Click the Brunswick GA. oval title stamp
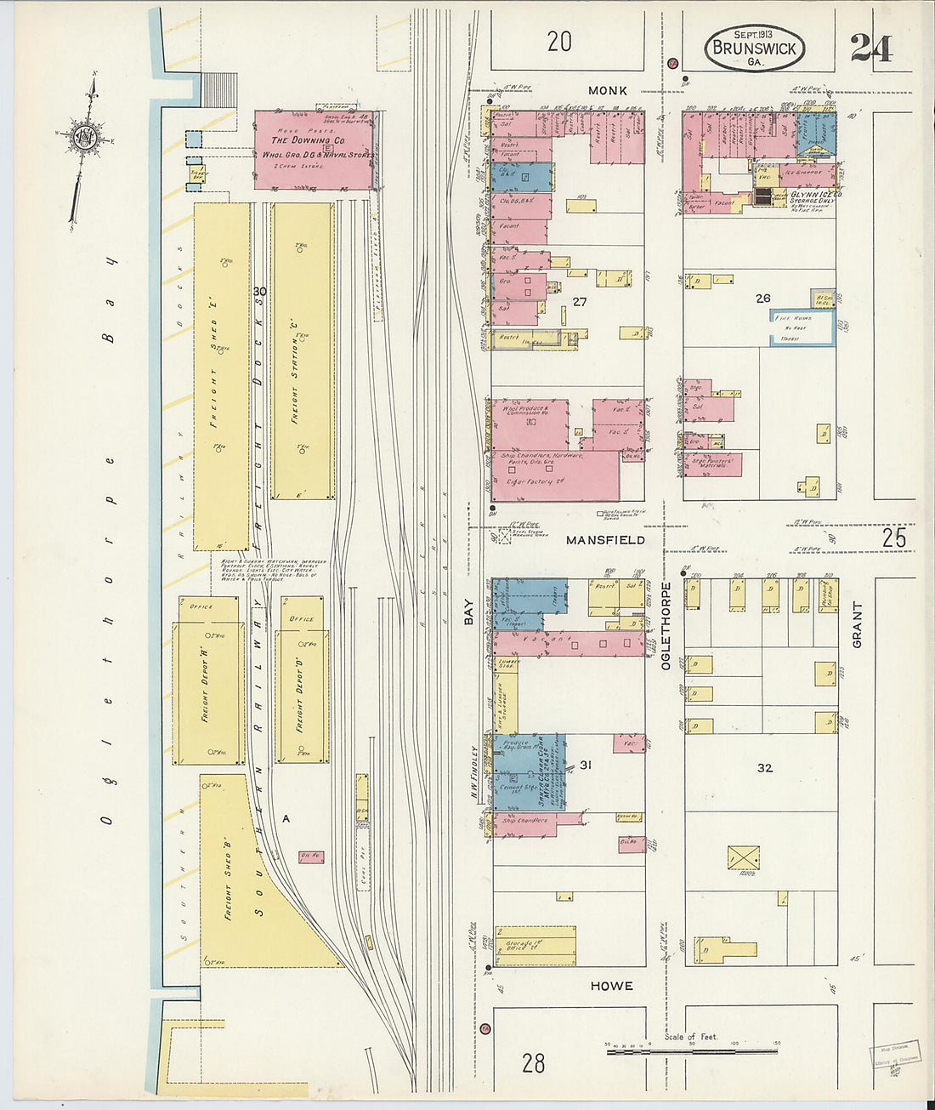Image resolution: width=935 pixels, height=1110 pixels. point(754,48)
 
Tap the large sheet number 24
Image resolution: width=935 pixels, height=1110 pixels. point(871,48)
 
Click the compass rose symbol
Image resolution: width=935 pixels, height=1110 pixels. point(85,138)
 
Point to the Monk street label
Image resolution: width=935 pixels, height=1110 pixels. point(608,90)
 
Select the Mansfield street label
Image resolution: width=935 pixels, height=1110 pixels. point(606,540)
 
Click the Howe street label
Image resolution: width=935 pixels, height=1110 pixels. point(611,986)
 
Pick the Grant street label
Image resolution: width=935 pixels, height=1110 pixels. point(857,625)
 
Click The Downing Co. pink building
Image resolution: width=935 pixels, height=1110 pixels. point(313,150)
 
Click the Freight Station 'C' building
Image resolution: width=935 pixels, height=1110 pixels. point(301,350)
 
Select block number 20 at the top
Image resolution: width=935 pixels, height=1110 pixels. point(559,41)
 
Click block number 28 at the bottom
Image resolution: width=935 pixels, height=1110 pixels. point(534,1062)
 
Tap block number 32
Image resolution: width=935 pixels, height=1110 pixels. point(765,768)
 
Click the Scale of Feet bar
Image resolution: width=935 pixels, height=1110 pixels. point(691,1051)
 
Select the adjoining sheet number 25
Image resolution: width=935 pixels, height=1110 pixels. point(893,538)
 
